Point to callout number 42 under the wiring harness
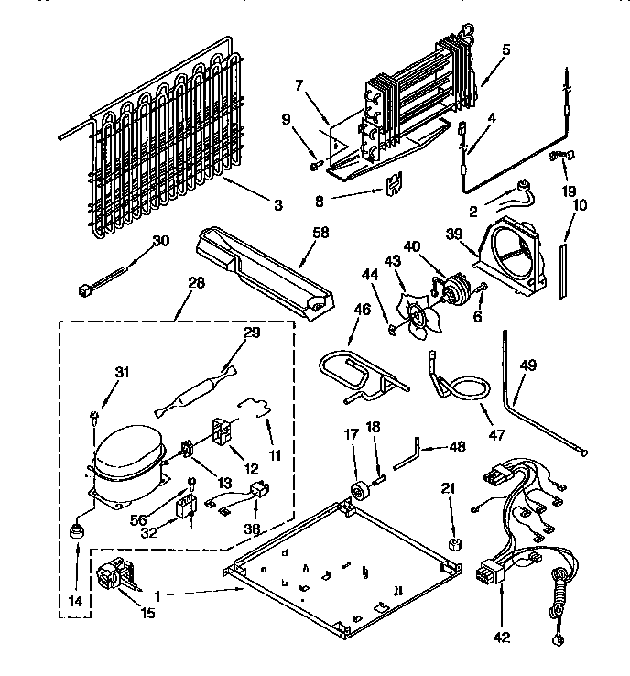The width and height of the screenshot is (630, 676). click(x=501, y=635)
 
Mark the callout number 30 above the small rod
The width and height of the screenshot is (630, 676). click(x=161, y=241)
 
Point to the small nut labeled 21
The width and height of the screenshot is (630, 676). click(x=452, y=543)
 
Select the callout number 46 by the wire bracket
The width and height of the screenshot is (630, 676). click(x=363, y=311)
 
